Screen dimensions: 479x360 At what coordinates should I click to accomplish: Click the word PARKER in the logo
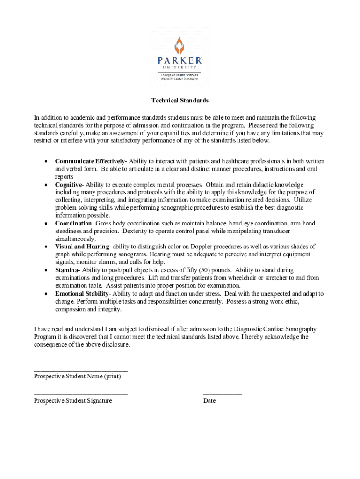point(180,61)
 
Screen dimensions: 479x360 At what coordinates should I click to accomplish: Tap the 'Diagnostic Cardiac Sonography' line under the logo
point(180,79)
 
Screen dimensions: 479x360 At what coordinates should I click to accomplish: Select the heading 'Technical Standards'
point(180,101)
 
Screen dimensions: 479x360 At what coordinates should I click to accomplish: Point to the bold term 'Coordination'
point(73,224)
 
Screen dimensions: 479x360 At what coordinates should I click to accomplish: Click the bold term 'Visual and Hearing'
point(82,247)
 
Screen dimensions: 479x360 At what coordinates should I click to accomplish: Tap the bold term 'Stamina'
point(67,270)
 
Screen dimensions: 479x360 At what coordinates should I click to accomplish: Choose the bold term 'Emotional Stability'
point(82,294)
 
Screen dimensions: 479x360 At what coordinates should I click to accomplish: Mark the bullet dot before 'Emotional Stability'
point(45,294)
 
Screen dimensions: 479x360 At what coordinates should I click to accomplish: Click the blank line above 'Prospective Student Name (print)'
point(80,370)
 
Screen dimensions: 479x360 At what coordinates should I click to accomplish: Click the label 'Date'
point(209,401)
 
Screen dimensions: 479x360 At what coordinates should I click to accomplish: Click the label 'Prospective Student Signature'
point(73,401)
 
